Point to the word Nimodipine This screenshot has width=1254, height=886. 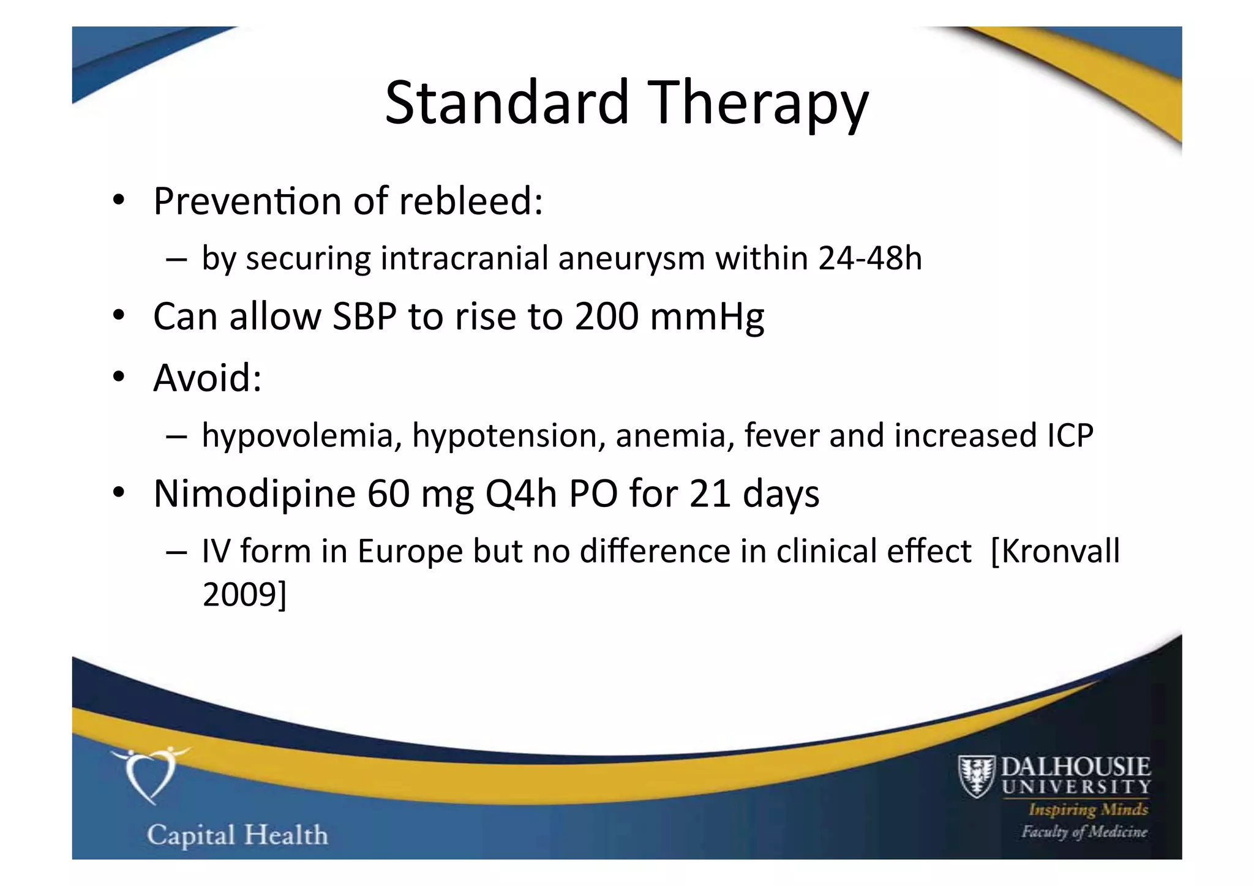point(254,494)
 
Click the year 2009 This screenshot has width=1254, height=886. point(239,594)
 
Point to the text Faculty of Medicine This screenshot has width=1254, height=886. point(1083,832)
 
